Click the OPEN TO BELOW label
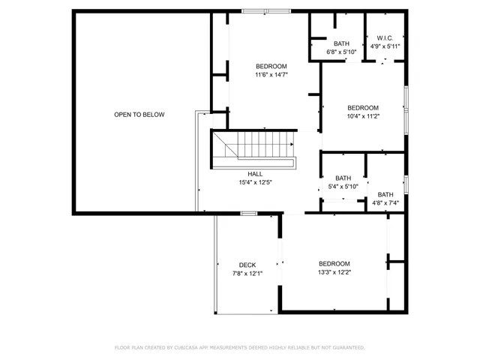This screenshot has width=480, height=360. [139, 115]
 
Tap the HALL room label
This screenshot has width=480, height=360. [255, 174]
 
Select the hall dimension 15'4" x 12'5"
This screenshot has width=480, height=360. [255, 182]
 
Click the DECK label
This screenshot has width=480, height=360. [247, 265]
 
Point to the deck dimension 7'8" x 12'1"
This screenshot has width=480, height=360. [247, 274]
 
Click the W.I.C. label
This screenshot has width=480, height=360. [385, 37]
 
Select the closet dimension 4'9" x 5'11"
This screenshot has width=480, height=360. [385, 46]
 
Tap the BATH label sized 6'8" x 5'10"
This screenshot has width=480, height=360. [342, 43]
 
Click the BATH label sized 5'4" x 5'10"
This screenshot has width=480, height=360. [343, 178]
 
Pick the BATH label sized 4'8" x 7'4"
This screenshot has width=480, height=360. [385, 194]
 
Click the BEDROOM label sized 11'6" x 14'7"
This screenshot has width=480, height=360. [271, 66]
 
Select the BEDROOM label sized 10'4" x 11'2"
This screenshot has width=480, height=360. [363, 107]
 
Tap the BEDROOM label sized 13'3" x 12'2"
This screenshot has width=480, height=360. [334, 263]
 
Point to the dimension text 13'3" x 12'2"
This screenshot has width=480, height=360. [334, 272]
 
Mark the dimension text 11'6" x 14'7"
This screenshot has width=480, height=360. [271, 75]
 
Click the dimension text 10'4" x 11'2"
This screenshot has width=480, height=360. [363, 116]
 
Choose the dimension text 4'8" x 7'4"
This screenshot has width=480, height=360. [385, 202]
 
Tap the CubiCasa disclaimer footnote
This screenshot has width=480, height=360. [239, 348]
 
